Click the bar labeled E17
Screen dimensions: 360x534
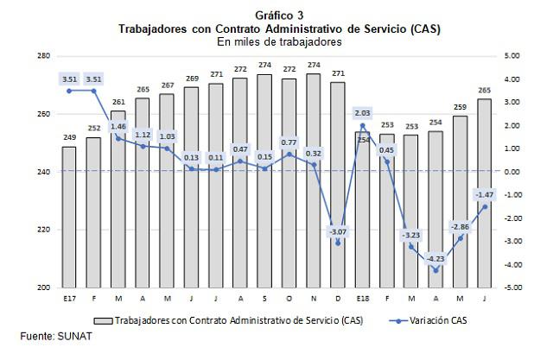tap(68, 217)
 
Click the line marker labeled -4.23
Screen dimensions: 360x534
tap(435, 270)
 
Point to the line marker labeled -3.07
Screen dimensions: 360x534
tap(338, 243)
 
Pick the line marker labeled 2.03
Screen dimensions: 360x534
tap(362, 125)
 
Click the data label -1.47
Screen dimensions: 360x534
tap(484, 194)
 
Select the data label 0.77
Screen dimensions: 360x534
tap(289, 142)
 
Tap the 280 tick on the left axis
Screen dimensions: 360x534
tap(43, 56)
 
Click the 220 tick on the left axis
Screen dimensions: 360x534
tap(43, 230)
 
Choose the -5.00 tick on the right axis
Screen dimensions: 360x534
tap(511, 287)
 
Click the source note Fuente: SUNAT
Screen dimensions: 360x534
tap(55, 336)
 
